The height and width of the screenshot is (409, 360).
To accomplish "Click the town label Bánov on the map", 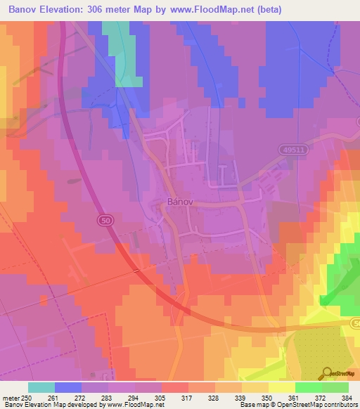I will pyautogui.click(x=179, y=200).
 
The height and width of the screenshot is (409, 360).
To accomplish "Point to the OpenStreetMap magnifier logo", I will pyautogui.click(x=327, y=373).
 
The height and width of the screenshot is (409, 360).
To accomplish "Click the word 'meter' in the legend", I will pyautogui.click(x=11, y=397).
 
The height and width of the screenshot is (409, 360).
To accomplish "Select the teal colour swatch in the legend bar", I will pyautogui.click(x=41, y=387).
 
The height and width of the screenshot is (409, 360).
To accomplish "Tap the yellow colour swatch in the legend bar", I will pyautogui.click(x=281, y=387).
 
